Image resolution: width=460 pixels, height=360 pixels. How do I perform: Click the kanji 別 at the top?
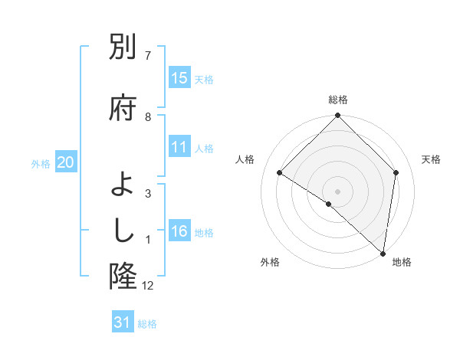(x=123, y=48)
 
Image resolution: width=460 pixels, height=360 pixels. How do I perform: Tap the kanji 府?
(x=123, y=106)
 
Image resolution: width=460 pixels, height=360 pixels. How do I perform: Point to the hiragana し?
(x=123, y=231)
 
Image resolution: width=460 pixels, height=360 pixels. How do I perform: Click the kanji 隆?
(x=123, y=275)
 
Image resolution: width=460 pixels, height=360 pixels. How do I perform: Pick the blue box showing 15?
(x=179, y=78)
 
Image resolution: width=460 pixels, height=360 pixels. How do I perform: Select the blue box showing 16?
(x=179, y=231)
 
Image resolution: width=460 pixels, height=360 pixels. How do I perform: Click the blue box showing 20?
(x=66, y=162)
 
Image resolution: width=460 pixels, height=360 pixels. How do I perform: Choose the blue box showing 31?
(x=123, y=322)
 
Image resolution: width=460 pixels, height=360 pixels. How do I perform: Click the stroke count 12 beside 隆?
(x=148, y=286)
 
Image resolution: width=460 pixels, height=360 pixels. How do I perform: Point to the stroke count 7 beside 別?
(x=148, y=56)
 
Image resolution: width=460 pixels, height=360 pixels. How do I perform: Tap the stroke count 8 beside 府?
(x=148, y=117)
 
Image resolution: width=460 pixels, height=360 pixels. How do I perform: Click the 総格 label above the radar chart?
(x=338, y=100)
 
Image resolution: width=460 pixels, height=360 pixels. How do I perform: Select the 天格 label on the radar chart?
(x=431, y=159)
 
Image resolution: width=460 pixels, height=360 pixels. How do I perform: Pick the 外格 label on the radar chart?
(x=270, y=262)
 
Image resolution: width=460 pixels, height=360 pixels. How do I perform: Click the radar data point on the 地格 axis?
(x=383, y=253)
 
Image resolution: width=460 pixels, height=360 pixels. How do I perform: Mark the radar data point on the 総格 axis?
(x=338, y=116)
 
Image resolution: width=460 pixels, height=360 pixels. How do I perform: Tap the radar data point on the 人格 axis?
(x=280, y=173)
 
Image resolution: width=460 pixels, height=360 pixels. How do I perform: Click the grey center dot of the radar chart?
(x=338, y=191)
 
